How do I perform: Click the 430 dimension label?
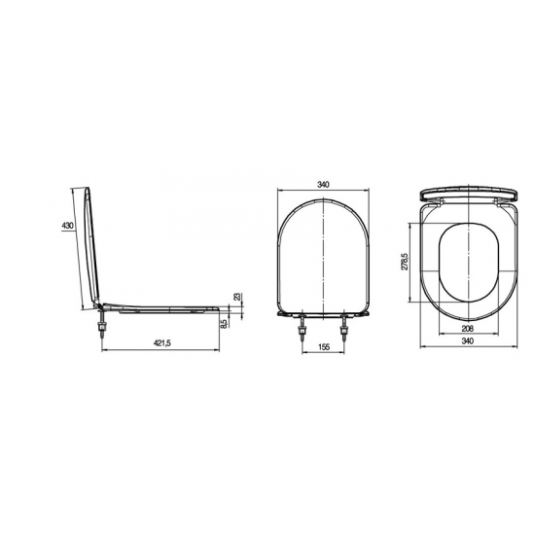pos(67,226)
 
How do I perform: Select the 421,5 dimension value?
pos(162,343)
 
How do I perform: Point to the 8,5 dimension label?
pos(224,324)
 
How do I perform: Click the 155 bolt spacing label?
pos(324,347)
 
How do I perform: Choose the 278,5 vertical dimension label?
pos(405,262)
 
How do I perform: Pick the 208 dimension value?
pos(468,329)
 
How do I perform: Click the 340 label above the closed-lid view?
pos(323,185)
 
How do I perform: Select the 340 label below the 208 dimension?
pos(468,340)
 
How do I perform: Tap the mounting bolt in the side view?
pos(102,326)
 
